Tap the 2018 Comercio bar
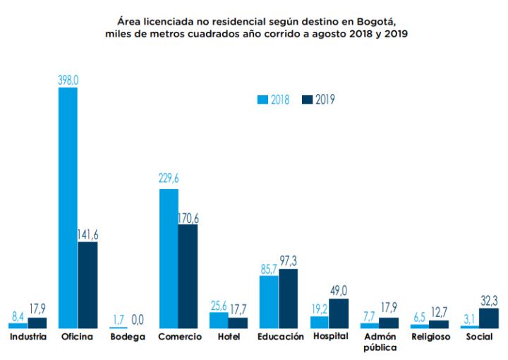pyautogui.click(x=169, y=258)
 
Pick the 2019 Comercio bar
pyautogui.click(x=188, y=276)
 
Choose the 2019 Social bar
pyautogui.click(x=489, y=318)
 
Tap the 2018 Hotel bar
pyautogui.click(x=219, y=320)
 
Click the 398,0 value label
pyautogui.click(x=68, y=81)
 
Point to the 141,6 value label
pyautogui.click(x=88, y=235)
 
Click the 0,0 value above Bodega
pyautogui.click(x=138, y=320)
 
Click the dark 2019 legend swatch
pyautogui.click(x=307, y=100)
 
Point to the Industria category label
pyautogui.click(x=28, y=337)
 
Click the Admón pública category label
pyautogui.click(x=380, y=342)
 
